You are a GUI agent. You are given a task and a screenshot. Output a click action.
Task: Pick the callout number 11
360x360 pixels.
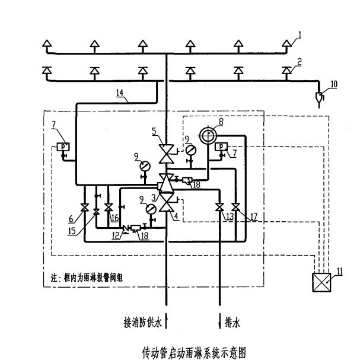click(x=339, y=272)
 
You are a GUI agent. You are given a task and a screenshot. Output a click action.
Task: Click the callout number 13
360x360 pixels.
click(x=228, y=218)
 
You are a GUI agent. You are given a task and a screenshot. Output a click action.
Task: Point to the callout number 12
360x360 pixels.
click(x=117, y=235)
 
